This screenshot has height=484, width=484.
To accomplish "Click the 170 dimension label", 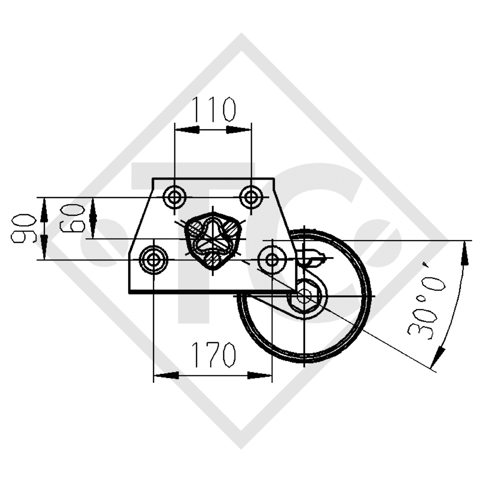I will click(213, 354).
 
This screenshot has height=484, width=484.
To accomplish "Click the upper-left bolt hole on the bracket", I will click(175, 196).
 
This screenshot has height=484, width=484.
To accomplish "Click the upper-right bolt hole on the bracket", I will click(251, 196).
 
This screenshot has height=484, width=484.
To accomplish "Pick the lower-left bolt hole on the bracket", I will click(154, 259).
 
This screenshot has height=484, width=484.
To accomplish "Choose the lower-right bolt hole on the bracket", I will click(272, 259).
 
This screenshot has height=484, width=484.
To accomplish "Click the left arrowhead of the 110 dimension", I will click(186, 130).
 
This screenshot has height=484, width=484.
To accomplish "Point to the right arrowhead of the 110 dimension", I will click(239, 130).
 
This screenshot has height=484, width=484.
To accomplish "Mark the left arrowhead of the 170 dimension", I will click(165, 375).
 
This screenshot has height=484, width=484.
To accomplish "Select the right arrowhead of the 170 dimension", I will click(260, 375).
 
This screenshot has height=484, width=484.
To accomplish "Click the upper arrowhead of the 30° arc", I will click(466, 253).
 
